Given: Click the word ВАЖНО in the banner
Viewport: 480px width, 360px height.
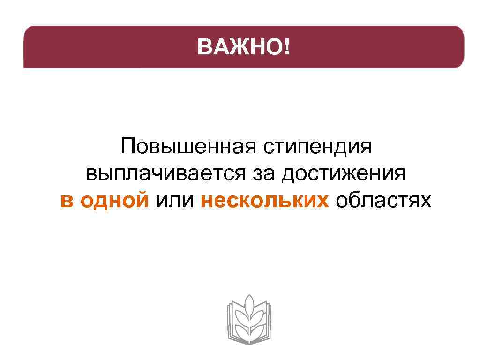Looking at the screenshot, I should pos(240,47).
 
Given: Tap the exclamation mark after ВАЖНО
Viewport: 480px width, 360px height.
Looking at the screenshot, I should pos(286,47).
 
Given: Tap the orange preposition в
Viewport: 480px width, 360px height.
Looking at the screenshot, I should pos(67,201).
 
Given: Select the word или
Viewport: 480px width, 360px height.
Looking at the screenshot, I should pos(174,201).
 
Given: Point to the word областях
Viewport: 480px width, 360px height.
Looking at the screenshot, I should pos(382,201).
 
